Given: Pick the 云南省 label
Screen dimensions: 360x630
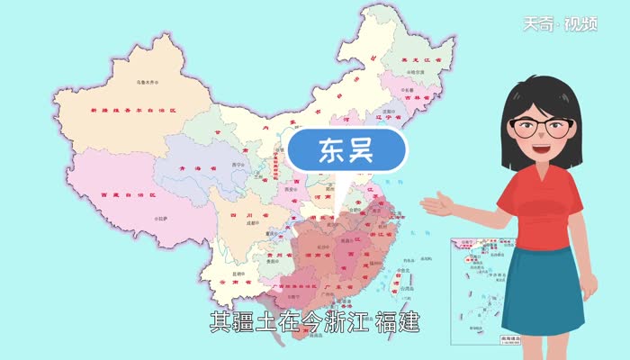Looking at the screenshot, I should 233,282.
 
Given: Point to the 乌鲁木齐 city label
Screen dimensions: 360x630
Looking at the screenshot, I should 148,81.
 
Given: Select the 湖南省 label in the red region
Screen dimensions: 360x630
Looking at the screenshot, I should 319,255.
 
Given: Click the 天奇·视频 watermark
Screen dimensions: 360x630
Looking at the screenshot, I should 573,24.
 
